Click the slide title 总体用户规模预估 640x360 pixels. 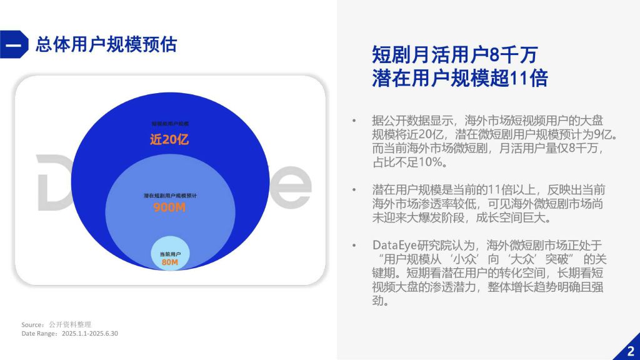(x=106, y=44)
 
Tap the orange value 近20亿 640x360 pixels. (x=169, y=139)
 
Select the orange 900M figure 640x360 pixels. (x=169, y=207)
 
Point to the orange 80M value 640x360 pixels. (x=170, y=262)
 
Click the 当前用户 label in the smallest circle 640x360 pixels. (x=170, y=253)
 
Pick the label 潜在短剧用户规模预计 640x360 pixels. (x=170, y=196)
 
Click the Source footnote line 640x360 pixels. (x=56, y=324)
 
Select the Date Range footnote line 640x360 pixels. (x=70, y=334)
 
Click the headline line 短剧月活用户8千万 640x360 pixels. (x=454, y=55)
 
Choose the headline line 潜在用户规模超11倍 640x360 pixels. (x=459, y=79)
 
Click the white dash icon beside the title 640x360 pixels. (x=14, y=45)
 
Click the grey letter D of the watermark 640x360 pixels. (x=53, y=184)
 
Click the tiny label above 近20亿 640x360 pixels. (x=170, y=124)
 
